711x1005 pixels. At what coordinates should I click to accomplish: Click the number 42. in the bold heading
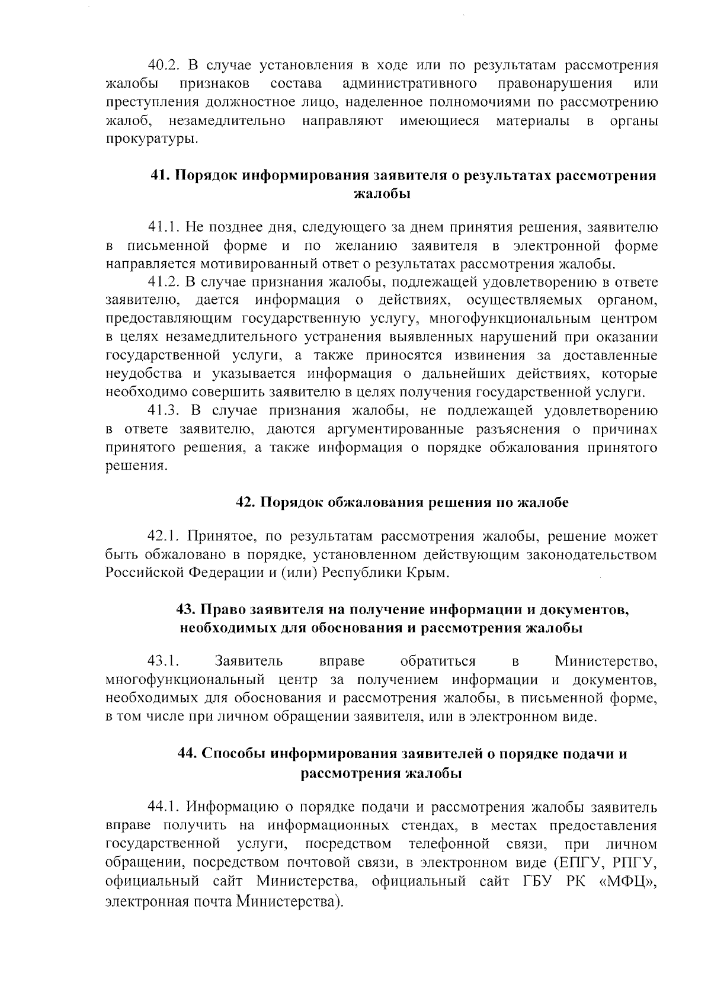tap(245, 503)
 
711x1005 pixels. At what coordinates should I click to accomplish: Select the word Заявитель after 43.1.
tap(249, 661)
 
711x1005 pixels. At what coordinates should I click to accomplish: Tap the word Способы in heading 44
tap(234, 754)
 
